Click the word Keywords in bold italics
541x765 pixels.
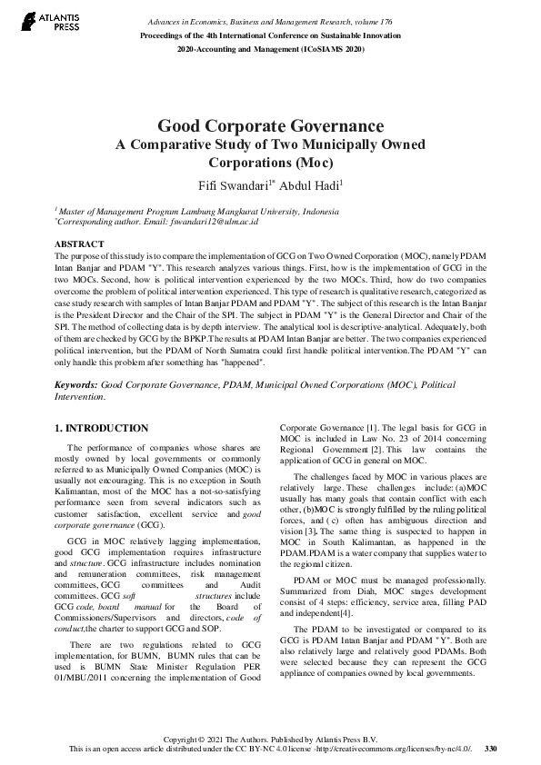click(x=75, y=385)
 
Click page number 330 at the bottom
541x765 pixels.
click(x=491, y=748)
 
